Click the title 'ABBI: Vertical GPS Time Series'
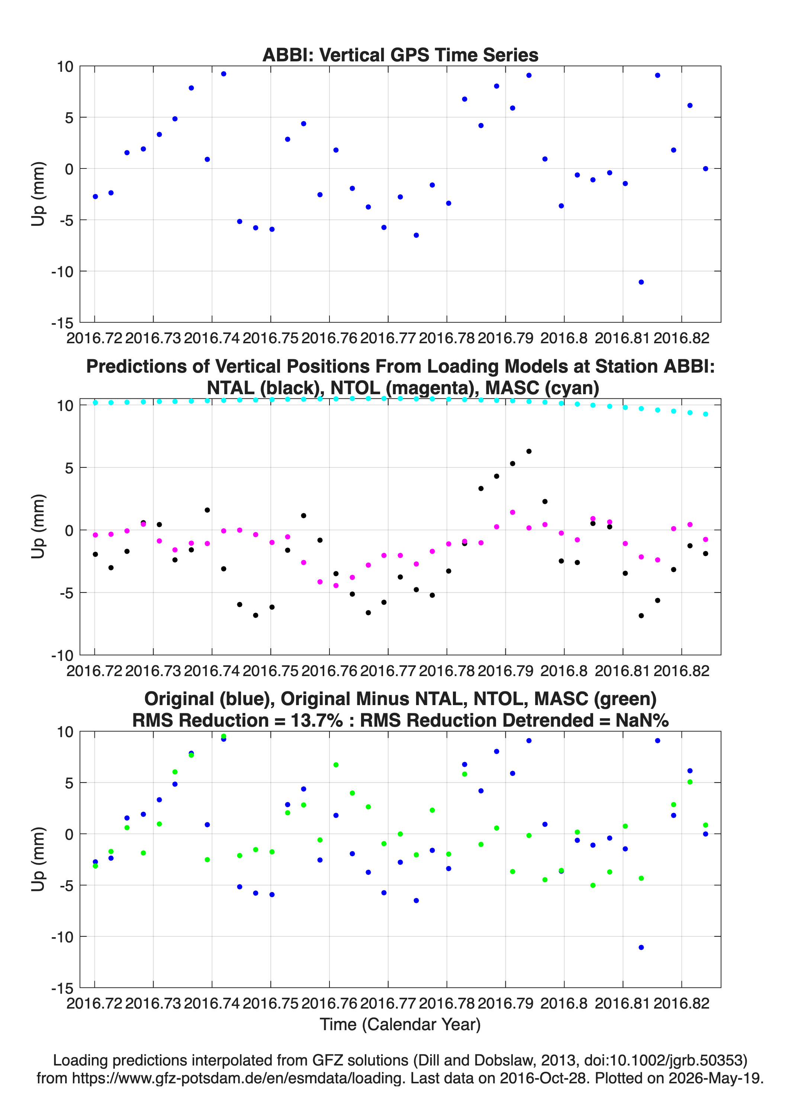pyautogui.click(x=400, y=55)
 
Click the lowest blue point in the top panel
pyautogui.click(x=641, y=282)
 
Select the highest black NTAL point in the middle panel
pyautogui.click(x=529, y=451)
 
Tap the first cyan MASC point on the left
pyautogui.click(x=95, y=403)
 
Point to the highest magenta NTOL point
pyautogui.click(x=512, y=512)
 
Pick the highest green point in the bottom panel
pyautogui.click(x=223, y=736)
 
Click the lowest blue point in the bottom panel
pyautogui.click(x=641, y=948)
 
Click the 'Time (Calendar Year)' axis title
pyautogui.click(x=400, y=1025)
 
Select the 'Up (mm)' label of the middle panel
pyautogui.click(x=38, y=526)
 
